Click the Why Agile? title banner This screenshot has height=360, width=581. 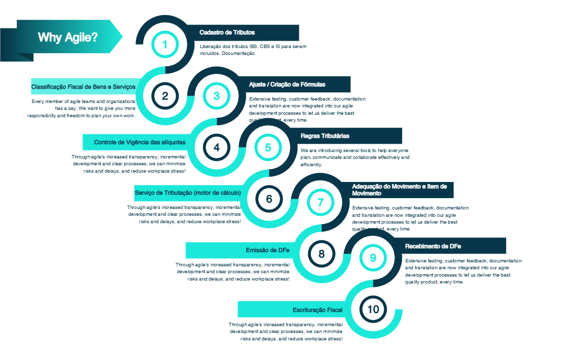coord(68,37)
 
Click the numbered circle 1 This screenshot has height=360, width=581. coord(165,45)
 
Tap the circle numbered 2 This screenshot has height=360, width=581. coord(165,96)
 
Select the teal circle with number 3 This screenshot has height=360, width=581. coord(216,96)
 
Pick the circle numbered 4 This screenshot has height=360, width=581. coord(216,147)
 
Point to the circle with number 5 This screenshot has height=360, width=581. coord(268,147)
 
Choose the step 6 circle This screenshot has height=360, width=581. coord(269,199)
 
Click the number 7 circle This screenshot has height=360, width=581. coord(320,202)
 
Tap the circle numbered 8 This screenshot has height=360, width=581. coord(321,254)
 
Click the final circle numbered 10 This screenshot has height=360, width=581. coord(373,309)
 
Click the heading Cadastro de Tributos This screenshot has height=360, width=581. coord(227,32)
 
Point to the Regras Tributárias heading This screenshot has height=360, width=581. coord(325,136)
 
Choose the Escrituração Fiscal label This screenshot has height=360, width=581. coord(317,309)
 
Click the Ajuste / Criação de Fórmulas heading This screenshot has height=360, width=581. coord(287,84)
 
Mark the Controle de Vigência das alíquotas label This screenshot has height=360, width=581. coord(140,142)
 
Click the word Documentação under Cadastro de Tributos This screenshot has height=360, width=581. coord(239,53)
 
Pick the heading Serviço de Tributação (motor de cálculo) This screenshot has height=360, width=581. coord(187,193)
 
